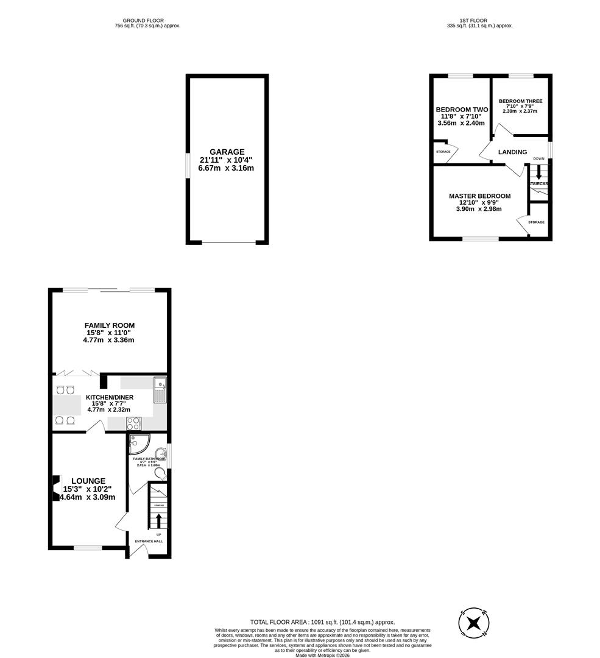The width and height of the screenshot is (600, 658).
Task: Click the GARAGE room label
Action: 227,152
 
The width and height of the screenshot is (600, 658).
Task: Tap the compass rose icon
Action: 473,623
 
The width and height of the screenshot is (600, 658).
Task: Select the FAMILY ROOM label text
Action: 110,325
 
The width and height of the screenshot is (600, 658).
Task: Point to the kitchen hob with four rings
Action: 133,423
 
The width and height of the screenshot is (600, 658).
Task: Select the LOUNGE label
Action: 88,481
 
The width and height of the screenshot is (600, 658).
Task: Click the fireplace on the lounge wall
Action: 55,488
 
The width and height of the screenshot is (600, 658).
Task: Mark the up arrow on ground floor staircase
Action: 159,520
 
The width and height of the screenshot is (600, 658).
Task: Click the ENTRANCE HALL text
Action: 149,541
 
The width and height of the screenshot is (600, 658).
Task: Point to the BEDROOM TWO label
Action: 462,110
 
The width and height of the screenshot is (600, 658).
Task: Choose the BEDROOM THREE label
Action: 520,101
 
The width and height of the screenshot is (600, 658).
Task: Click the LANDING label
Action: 512,152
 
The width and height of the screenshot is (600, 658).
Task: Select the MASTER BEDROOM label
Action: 479,196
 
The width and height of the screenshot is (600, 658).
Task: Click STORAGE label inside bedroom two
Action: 443,151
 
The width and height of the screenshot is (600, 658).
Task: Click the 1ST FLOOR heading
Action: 479,20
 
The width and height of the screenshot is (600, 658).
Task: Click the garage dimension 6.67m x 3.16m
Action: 227,168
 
